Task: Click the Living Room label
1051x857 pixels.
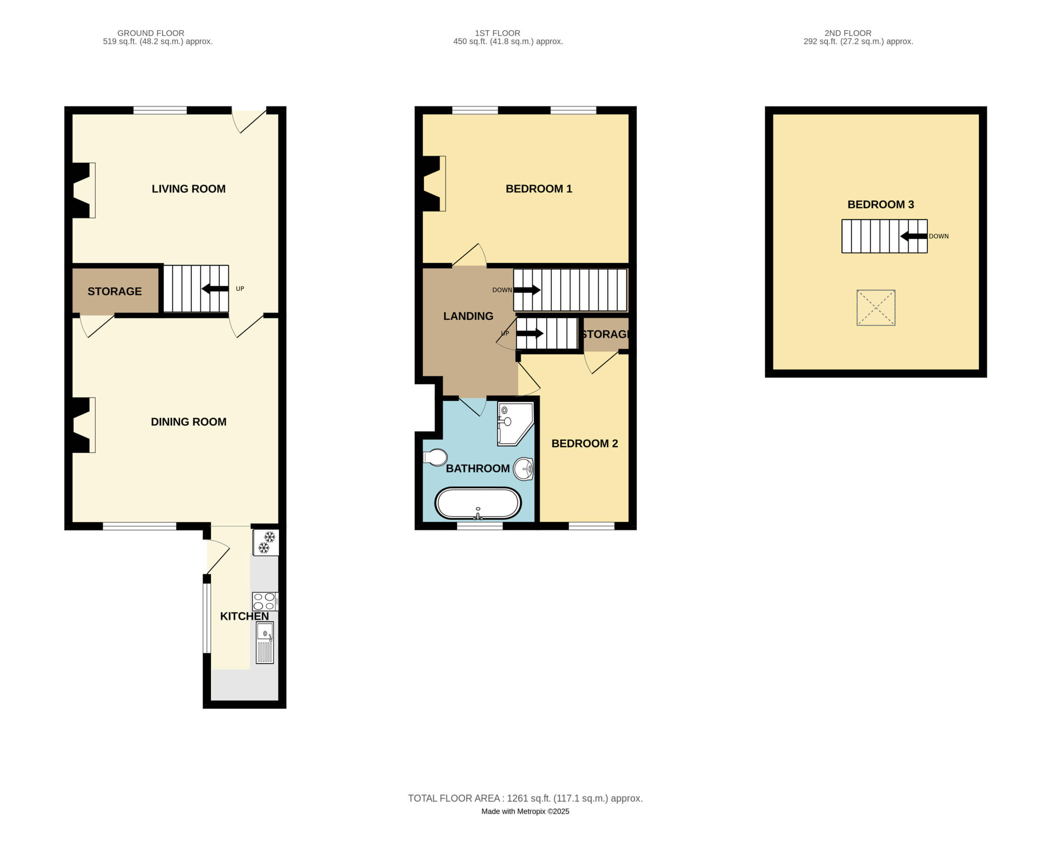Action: tap(188, 188)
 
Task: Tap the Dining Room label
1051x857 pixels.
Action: tap(188, 422)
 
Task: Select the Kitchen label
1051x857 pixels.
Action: tap(244, 616)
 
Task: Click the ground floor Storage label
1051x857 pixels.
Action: tap(115, 291)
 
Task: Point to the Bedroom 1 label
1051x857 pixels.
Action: tap(539, 188)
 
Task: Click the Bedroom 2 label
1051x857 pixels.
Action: tap(585, 443)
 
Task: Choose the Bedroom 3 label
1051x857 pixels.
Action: tap(881, 204)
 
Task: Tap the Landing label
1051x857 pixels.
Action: tap(468, 316)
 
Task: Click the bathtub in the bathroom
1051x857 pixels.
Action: tap(477, 503)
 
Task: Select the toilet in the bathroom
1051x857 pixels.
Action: tap(435, 457)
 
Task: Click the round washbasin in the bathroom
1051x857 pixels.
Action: tap(523, 469)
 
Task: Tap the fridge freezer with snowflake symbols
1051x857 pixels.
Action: tap(266, 542)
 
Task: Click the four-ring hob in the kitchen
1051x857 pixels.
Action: tap(265, 602)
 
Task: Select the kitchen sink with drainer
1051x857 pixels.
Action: tap(264, 643)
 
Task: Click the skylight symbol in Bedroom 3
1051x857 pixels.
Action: tap(876, 308)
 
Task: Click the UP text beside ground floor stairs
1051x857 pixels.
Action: tap(240, 289)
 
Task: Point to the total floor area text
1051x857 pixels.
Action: tap(525, 798)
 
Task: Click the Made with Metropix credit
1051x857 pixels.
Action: tap(525, 811)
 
